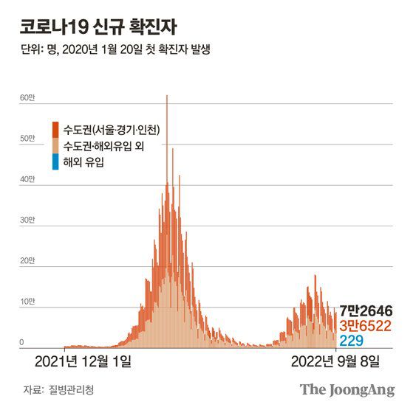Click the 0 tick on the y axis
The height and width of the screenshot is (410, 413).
22,343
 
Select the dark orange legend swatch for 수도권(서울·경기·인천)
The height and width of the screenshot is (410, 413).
55,130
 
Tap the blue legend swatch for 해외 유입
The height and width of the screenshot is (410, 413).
55,162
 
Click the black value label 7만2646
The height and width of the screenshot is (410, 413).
366,310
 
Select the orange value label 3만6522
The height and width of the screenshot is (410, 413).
366,325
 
